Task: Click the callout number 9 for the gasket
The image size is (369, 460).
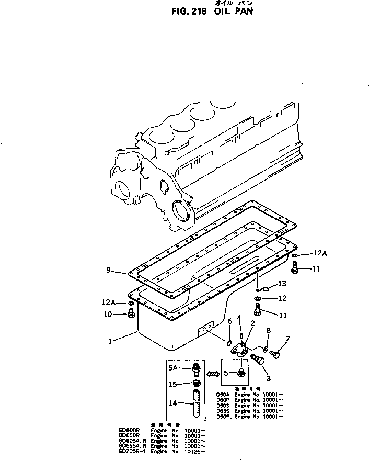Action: tap(108, 270)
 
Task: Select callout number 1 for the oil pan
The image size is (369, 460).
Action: tap(111, 341)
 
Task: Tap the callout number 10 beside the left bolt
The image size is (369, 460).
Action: tap(108, 315)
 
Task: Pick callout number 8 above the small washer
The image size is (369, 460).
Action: tap(269, 331)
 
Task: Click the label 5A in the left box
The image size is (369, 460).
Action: tap(174, 368)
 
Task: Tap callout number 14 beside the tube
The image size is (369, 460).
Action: tap(172, 403)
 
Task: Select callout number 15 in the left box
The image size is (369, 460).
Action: tap(172, 384)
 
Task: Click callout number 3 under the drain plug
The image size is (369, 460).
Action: tap(269, 378)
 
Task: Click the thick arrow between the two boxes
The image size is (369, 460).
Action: tap(212, 374)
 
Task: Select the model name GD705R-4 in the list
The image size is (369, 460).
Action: tap(132, 451)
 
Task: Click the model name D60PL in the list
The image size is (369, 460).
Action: tap(224, 416)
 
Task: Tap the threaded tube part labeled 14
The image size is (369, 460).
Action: tap(196, 405)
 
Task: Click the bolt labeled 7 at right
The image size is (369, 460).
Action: tap(275, 355)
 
